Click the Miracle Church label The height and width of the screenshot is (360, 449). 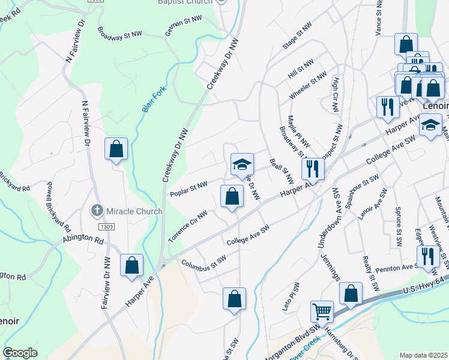tap(134, 211)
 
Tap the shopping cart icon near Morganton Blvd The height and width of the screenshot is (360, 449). tap(322, 311)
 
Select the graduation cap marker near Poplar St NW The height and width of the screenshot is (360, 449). tap(242, 164)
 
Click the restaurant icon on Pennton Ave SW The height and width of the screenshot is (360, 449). tap(427, 256)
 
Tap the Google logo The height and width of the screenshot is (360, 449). tap(20, 353)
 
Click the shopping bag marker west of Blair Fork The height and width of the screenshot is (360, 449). tap(116, 149)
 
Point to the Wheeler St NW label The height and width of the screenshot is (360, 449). tap(308, 86)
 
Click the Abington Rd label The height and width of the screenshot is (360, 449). tap(83, 238)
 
